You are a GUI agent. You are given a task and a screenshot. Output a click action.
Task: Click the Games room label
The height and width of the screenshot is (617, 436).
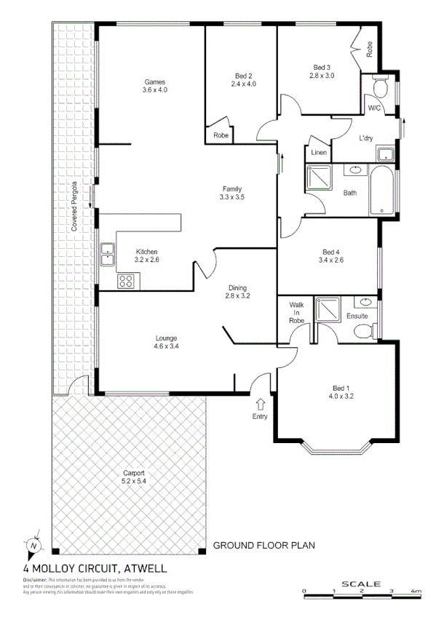(155, 85)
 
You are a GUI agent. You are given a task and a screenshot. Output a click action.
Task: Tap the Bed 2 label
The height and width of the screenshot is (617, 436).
(244, 79)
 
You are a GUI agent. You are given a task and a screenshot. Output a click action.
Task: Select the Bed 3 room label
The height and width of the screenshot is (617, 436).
(321, 71)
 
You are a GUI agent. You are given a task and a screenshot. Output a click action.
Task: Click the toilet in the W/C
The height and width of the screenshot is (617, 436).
(378, 88)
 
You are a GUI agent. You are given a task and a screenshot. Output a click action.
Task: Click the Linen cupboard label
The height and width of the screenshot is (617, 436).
(319, 153)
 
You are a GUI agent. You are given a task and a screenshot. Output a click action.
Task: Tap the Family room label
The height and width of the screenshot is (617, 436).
(232, 193)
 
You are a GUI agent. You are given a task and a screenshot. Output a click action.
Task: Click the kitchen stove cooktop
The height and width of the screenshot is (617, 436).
(126, 280)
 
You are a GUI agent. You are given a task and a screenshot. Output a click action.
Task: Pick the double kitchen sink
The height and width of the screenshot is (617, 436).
(107, 254)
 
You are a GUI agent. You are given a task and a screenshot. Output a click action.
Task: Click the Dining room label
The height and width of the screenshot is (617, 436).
(238, 292)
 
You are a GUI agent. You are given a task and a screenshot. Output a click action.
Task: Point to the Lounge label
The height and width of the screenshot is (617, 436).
(166, 342)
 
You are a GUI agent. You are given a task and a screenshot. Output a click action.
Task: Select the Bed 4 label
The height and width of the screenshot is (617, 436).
(332, 256)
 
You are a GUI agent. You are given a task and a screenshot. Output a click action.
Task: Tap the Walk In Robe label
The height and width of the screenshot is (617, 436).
(296, 312)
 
